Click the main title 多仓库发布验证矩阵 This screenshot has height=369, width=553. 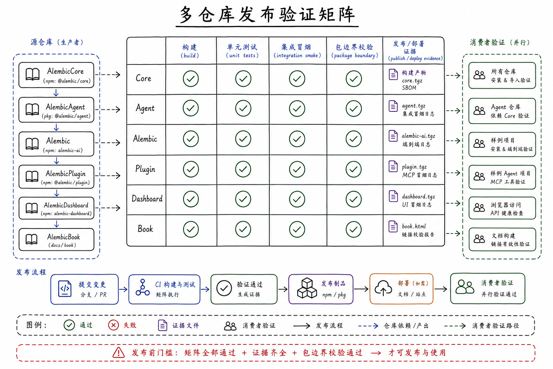click(x=267, y=15)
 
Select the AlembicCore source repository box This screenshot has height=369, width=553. click(x=56, y=75)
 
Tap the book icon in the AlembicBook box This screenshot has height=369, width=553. click(x=32, y=239)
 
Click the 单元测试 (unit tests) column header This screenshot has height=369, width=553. click(x=242, y=51)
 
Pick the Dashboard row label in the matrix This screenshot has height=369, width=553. click(x=147, y=199)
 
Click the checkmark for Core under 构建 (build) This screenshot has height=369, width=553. click(x=190, y=79)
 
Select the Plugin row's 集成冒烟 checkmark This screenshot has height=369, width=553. click(x=297, y=169)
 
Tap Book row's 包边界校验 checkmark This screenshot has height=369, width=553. click(x=354, y=229)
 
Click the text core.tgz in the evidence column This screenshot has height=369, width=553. click(x=412, y=81)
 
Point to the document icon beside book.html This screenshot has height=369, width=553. click(x=393, y=226)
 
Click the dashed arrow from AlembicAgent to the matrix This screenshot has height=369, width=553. click(x=108, y=109)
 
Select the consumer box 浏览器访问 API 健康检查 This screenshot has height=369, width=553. click(x=502, y=208)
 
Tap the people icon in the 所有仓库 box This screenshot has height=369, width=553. click(x=479, y=75)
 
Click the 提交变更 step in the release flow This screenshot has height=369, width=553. click(x=85, y=289)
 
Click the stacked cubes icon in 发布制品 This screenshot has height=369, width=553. click(x=307, y=288)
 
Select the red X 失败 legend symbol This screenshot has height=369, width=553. click(x=113, y=325)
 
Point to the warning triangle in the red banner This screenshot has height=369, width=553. click(x=118, y=353)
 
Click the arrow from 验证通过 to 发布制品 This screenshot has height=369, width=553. click(x=283, y=289)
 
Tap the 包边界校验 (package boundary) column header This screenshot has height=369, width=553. click(x=355, y=51)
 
